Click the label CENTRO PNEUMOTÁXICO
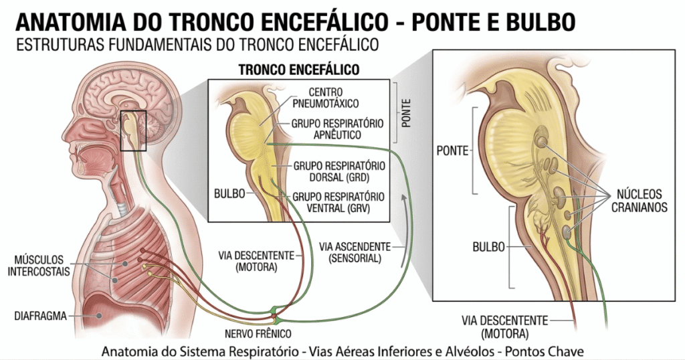333,98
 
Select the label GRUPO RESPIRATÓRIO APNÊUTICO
336,129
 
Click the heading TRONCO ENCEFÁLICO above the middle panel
299,70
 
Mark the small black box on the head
133,130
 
